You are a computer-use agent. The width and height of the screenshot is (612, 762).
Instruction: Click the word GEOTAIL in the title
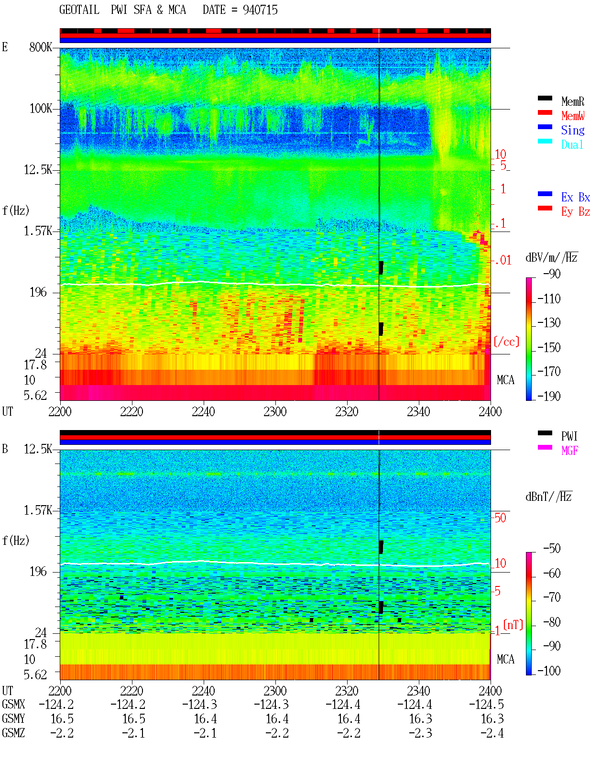click(x=79, y=10)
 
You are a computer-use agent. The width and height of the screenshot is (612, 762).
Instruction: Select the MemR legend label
click(x=573, y=101)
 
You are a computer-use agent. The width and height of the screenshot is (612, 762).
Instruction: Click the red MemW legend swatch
click(x=545, y=112)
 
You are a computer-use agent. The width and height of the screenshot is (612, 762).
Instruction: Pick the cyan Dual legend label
click(x=572, y=144)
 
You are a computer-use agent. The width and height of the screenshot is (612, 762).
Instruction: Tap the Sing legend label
click(x=573, y=130)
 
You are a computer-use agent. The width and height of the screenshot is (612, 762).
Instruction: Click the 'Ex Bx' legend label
click(x=576, y=197)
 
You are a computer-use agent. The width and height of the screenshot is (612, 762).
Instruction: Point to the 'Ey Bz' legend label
click(x=576, y=212)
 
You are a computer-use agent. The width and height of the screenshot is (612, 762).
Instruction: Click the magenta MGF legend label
click(x=569, y=451)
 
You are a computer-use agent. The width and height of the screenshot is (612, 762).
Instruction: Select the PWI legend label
click(x=569, y=436)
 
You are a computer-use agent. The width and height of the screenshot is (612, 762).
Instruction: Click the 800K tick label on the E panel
click(x=41, y=47)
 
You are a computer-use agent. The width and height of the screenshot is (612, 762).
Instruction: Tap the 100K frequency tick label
click(x=41, y=109)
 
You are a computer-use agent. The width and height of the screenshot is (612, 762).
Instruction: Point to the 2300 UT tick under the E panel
click(x=275, y=412)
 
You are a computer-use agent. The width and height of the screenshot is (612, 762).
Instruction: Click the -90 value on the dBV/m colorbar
click(x=552, y=274)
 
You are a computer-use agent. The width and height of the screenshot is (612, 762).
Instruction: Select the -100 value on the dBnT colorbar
click(x=549, y=671)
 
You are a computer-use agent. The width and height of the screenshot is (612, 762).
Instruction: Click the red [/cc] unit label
click(x=506, y=342)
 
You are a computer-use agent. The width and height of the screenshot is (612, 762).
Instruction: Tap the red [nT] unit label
click(x=513, y=625)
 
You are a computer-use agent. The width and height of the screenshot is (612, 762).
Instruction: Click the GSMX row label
click(x=13, y=704)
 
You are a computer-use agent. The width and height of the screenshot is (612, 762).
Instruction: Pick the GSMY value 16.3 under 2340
click(x=420, y=719)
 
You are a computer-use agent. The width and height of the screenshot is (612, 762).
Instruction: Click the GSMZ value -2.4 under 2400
click(x=492, y=733)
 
